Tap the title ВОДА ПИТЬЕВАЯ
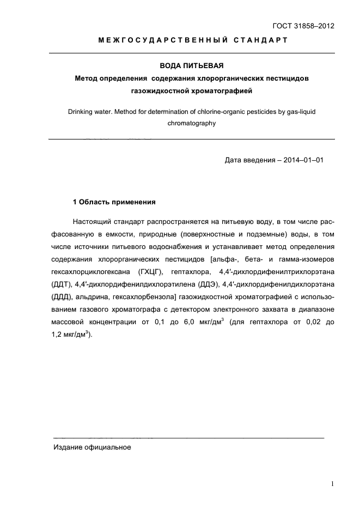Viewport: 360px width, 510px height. tap(192, 66)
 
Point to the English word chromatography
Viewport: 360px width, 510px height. tap(192, 123)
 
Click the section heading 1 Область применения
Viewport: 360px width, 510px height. tap(114, 202)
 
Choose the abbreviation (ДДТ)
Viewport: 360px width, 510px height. tap(62, 284)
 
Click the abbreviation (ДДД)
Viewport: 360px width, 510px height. tap(62, 297)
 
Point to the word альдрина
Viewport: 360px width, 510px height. tap(92, 297)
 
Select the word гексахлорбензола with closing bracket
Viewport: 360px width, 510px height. tap(144, 297)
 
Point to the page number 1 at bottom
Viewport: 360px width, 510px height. tap(332, 483)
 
